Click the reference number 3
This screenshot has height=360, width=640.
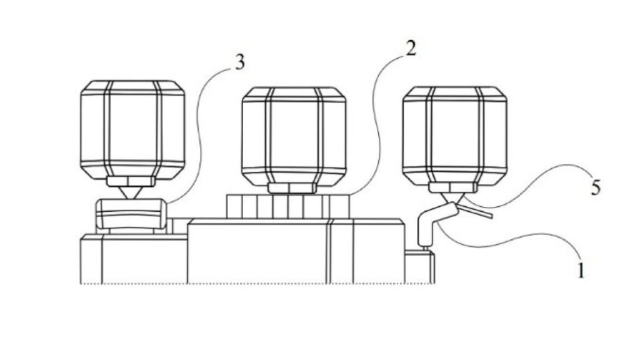pos(240,62)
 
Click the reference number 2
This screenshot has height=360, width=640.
pos(411,49)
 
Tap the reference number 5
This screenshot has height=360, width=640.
pos(596,187)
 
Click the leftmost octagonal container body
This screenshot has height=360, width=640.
pos(132,129)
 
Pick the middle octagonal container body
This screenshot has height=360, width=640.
pos(294,136)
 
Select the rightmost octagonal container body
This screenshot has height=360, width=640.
pos(455,135)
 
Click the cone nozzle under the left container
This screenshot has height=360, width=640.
pos(132,193)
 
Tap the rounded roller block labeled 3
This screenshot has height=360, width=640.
pos(131,214)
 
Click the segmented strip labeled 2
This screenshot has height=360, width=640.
pos(288,206)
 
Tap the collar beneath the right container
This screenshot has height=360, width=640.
pos(452,187)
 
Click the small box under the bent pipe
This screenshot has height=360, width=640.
pos(419,267)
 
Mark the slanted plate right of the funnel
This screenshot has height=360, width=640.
pos(476,211)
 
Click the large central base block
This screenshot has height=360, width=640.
pos(296,251)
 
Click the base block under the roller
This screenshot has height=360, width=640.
pos(134,259)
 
